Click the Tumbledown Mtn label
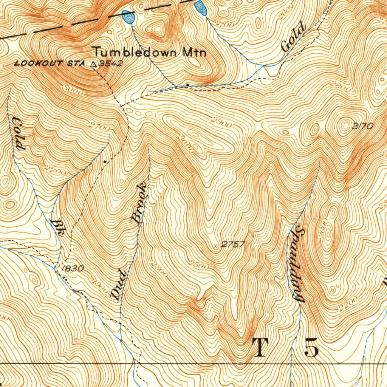click(150, 51)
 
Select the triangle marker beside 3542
click(93, 64)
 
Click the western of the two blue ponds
click(128, 17)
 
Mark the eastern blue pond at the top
click(200, 8)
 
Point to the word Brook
click(139, 203)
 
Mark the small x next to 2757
click(216, 246)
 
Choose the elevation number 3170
click(362, 127)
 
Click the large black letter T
click(260, 348)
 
